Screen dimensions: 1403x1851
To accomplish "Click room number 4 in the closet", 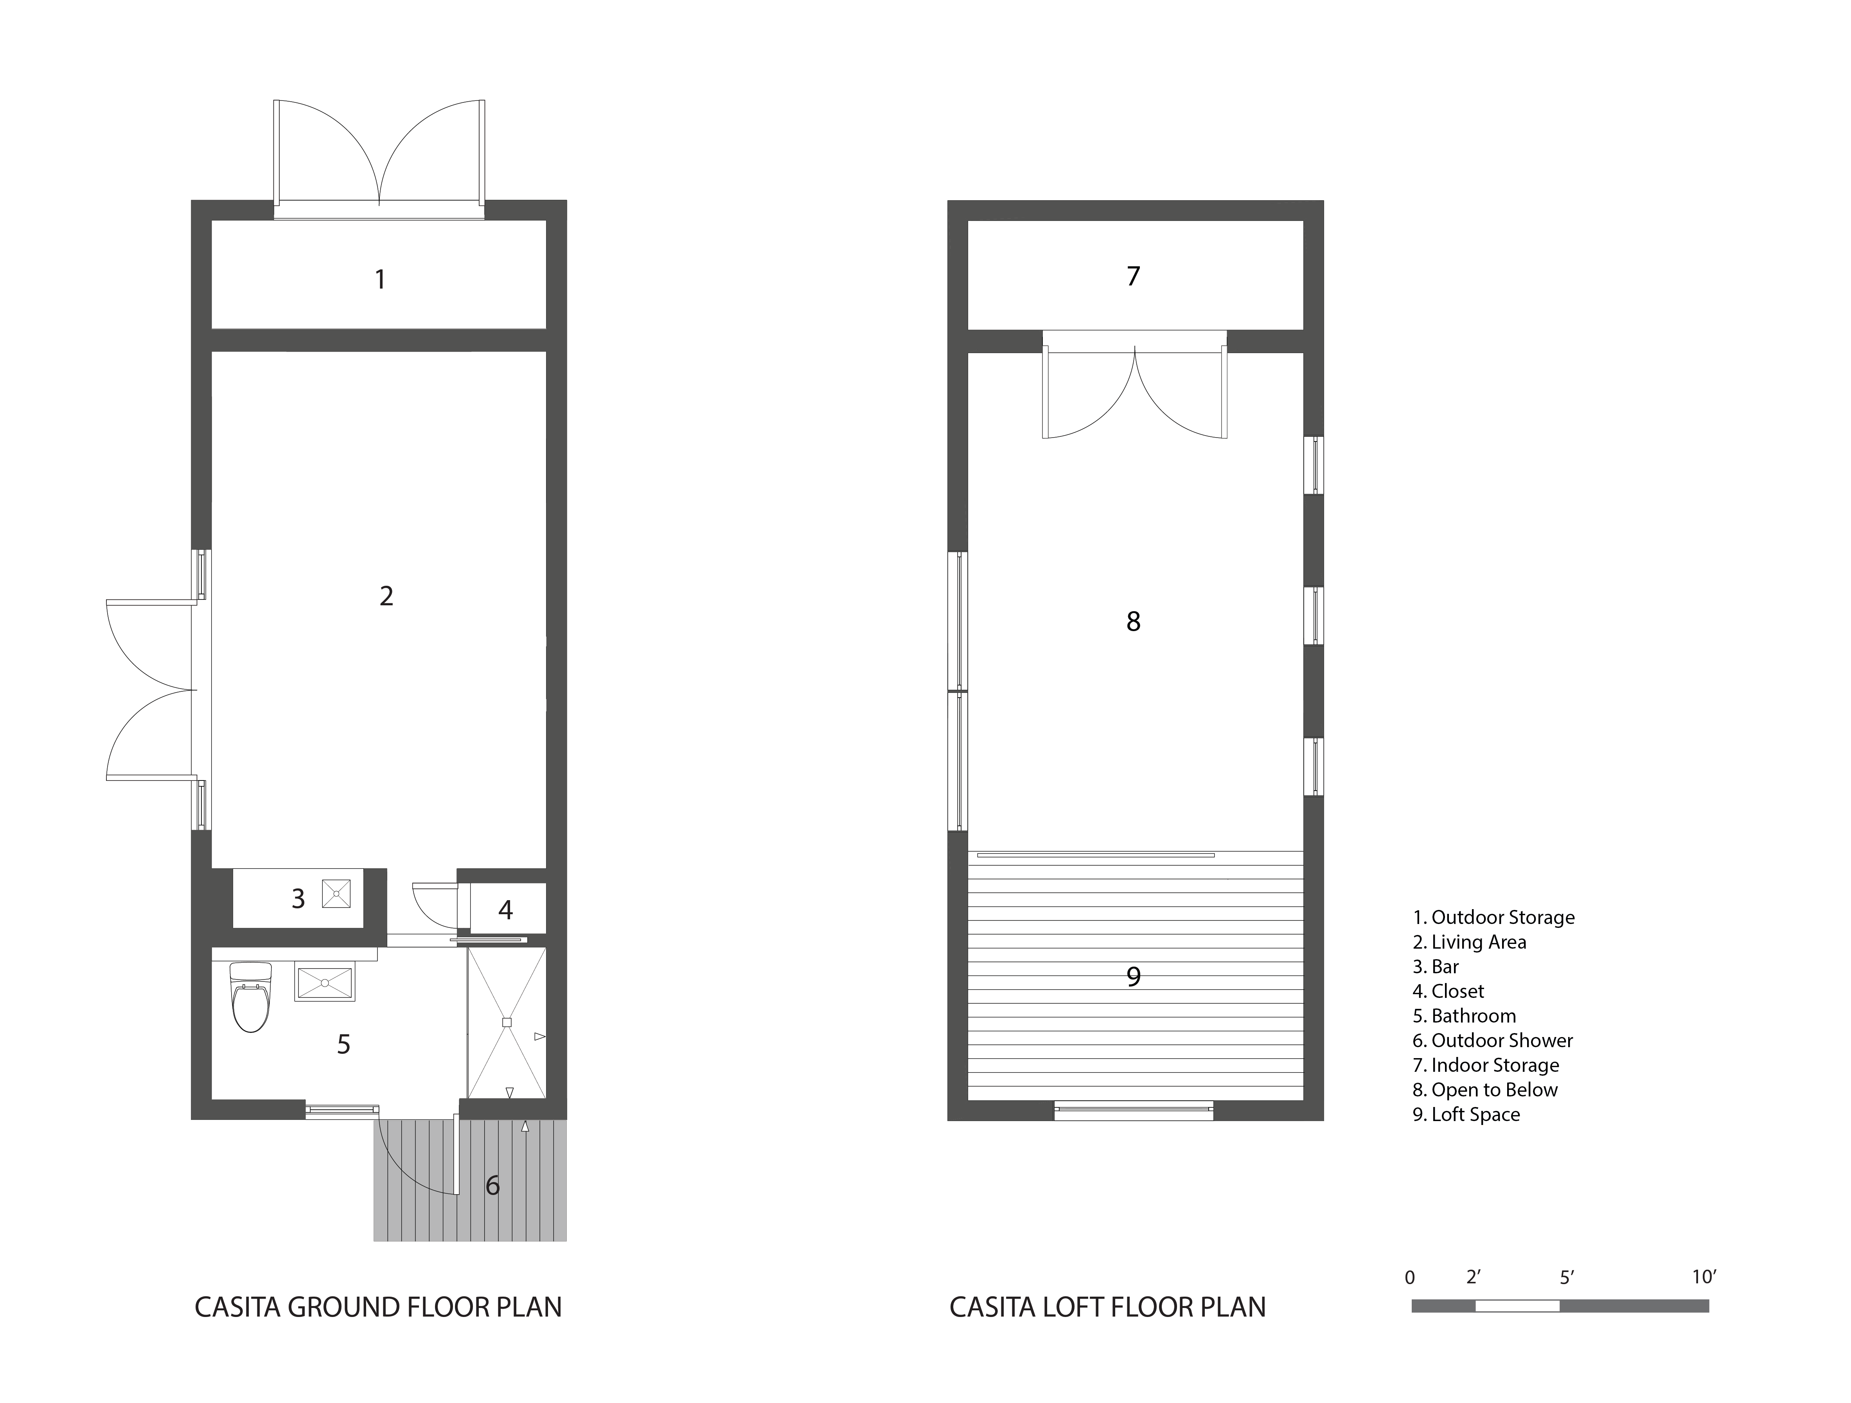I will (505, 910).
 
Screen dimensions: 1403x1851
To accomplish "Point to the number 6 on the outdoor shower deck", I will (493, 1186).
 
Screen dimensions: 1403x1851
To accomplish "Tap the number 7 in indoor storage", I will (1133, 276).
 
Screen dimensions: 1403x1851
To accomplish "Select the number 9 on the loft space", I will (1133, 976).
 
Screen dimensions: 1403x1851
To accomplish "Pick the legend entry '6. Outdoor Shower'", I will (1493, 1041).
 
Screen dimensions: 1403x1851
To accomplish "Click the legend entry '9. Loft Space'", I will (1466, 1114).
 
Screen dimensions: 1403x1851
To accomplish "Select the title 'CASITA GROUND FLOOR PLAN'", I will (378, 1307).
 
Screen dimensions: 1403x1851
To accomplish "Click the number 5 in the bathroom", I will (343, 1044).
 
